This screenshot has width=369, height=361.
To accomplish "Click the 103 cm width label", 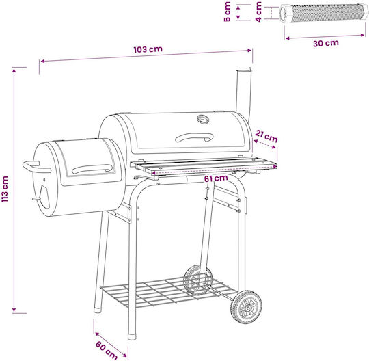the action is (148, 49).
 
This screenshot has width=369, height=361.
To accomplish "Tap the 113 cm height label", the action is (5, 189).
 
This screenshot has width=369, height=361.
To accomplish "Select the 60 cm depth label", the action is (107, 351).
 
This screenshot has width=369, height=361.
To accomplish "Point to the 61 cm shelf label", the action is (216, 178).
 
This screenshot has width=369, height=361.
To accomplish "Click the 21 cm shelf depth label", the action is (266, 136).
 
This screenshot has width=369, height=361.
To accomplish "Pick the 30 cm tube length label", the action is (326, 43).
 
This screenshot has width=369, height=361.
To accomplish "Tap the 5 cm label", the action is (228, 12).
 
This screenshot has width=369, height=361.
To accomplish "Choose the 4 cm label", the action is (258, 12).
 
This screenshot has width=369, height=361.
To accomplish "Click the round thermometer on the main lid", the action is (203, 119).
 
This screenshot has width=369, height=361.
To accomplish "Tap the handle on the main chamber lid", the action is (194, 137).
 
